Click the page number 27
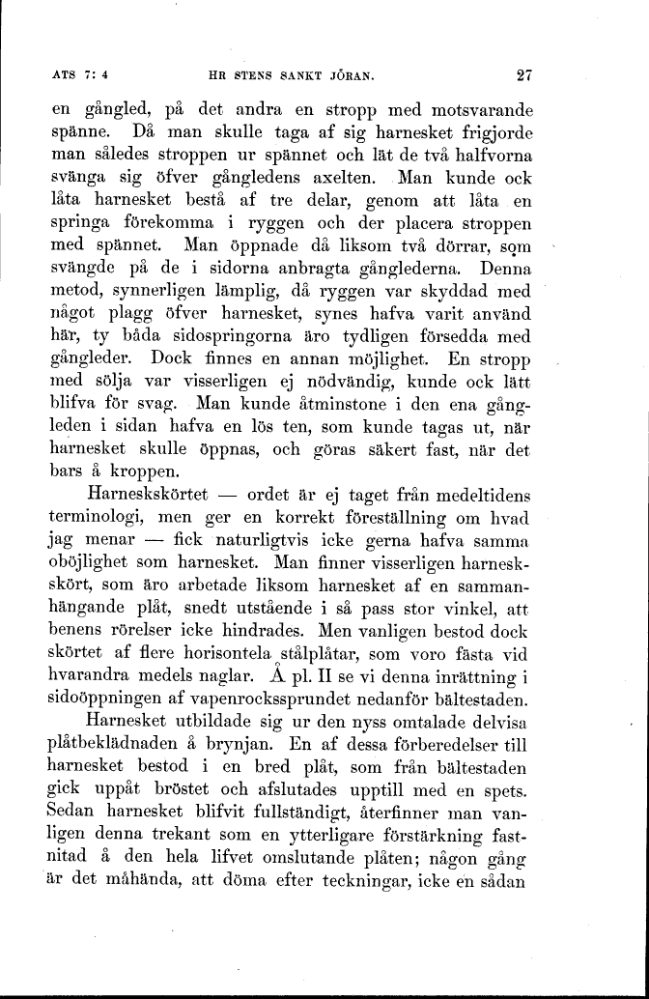tap(525, 72)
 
